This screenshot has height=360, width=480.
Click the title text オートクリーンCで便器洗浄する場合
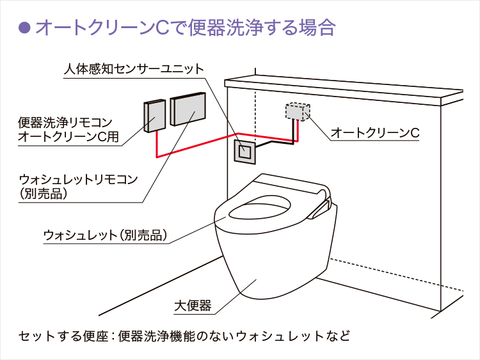[185, 27]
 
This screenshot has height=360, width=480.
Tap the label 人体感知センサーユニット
[134, 68]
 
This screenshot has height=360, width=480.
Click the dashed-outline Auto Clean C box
[296, 113]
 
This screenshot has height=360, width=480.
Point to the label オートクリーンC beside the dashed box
[374, 133]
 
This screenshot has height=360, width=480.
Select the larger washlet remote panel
[188, 109]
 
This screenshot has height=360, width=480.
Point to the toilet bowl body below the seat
[262, 269]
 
